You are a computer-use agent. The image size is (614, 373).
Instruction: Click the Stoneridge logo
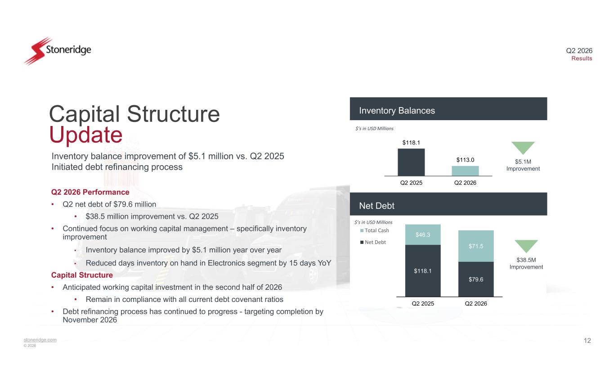tap(58, 51)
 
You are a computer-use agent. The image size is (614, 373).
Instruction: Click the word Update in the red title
tap(86, 135)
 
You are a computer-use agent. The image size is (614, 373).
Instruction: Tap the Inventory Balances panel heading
tap(397, 111)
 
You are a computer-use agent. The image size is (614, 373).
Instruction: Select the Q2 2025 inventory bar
tap(411, 162)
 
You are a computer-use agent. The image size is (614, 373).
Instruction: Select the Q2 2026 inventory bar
tap(465, 171)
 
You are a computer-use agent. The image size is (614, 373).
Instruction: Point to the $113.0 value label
tap(465, 160)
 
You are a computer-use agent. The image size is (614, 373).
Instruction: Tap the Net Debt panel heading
tap(376, 206)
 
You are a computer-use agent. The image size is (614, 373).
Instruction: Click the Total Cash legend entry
tap(374, 230)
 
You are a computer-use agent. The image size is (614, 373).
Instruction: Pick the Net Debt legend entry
tap(373, 242)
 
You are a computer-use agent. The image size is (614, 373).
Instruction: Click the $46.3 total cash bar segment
tap(423, 234)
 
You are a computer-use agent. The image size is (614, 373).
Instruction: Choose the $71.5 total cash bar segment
tap(476, 246)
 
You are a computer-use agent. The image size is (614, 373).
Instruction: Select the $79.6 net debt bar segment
tap(476, 279)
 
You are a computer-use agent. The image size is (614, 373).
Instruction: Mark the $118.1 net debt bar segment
tap(423, 271)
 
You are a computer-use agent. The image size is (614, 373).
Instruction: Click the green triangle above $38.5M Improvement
tap(526, 246)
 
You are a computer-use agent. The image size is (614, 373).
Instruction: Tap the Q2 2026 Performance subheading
tap(90, 192)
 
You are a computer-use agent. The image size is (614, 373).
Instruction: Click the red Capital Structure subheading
tap(82, 275)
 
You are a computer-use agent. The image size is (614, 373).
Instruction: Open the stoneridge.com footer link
tap(40, 340)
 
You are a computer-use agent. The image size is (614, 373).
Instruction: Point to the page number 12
tap(587, 341)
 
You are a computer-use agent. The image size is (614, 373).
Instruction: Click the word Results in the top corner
tap(582, 58)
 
